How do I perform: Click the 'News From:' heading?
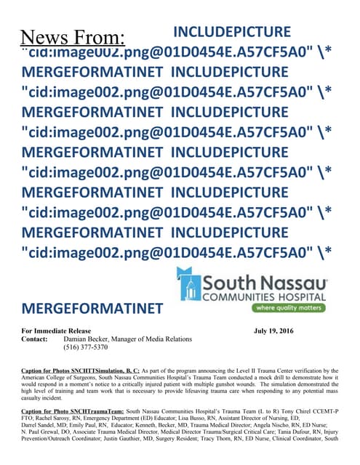click(x=72, y=37)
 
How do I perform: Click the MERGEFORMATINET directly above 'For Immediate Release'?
click(x=92, y=308)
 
